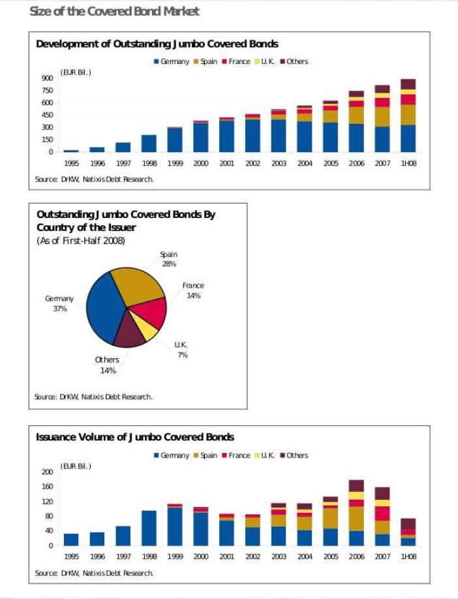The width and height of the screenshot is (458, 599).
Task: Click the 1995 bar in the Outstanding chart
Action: (71, 151)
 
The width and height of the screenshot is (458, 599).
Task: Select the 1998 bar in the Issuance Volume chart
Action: (149, 528)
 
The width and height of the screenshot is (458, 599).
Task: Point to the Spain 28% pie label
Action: (169, 259)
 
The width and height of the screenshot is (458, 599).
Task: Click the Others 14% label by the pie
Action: (108, 365)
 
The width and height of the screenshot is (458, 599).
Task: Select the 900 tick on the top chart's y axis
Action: (48, 78)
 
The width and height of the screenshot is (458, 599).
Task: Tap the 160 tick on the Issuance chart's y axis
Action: (48, 486)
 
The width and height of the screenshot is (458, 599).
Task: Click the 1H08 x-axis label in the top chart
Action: (408, 163)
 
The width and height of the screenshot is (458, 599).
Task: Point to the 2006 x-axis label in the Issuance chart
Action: (356, 557)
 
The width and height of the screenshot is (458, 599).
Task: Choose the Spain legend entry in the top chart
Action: (206, 61)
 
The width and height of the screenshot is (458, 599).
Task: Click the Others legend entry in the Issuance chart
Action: (294, 455)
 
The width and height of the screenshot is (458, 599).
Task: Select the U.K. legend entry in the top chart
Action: (265, 61)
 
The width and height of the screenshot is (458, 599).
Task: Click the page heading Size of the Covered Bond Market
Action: (115, 12)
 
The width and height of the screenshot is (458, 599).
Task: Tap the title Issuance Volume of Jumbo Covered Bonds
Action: (135, 437)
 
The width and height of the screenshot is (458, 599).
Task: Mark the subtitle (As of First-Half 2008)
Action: (81, 241)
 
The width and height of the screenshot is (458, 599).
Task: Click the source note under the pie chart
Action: (93, 397)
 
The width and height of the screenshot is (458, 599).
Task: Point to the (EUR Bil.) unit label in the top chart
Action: (76, 72)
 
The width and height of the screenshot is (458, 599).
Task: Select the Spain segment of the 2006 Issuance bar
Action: (356, 519)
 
